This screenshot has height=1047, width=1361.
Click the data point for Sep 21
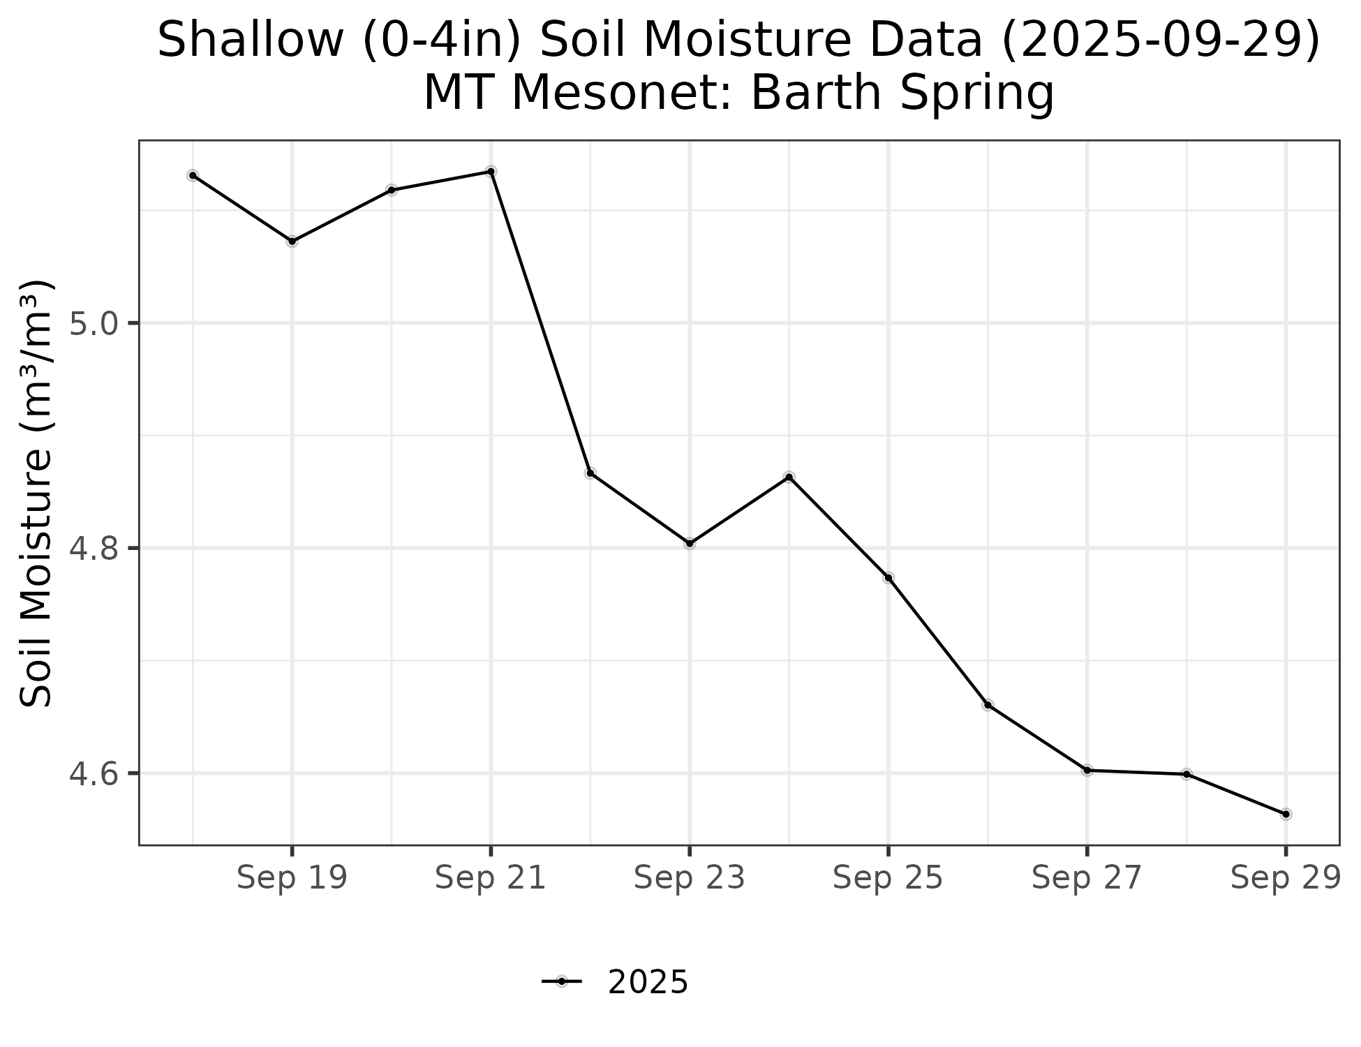point(491,172)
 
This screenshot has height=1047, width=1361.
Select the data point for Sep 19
point(292,242)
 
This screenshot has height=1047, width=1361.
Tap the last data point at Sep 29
point(1286,814)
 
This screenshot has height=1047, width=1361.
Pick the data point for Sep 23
point(690,544)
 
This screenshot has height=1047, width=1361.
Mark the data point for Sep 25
point(888,578)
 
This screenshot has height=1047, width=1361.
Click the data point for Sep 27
point(1087,771)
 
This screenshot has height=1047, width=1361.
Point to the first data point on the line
point(193,175)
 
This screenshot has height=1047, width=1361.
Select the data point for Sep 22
point(590,473)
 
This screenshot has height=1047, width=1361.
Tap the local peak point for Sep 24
point(789,477)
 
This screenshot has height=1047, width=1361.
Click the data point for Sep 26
point(988,705)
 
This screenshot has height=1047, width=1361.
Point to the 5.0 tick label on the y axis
point(95,324)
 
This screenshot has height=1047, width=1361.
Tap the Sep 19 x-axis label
point(292,878)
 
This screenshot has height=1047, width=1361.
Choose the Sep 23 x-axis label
point(690,878)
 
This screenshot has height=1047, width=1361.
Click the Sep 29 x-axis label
point(1286,878)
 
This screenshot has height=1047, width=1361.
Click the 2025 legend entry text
point(648,983)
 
